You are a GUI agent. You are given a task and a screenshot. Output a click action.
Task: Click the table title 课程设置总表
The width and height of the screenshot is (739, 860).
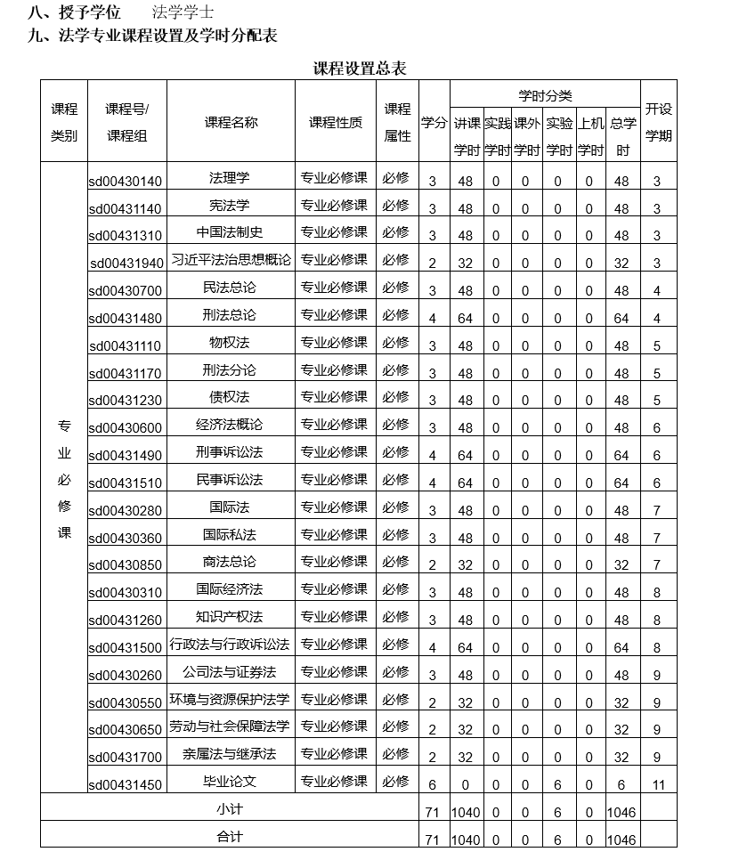click(360, 69)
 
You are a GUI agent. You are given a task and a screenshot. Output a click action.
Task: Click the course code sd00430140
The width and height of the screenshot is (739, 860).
click(126, 182)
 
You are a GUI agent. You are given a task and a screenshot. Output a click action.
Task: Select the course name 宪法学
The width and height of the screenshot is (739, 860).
click(230, 205)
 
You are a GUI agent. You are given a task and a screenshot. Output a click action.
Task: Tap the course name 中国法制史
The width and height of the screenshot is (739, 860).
click(230, 232)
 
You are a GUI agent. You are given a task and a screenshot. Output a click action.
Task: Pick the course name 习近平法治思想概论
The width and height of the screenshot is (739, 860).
click(231, 260)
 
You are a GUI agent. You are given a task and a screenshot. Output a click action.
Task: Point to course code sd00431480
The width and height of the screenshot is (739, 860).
click(126, 319)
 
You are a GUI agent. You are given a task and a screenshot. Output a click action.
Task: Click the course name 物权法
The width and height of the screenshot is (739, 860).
click(230, 342)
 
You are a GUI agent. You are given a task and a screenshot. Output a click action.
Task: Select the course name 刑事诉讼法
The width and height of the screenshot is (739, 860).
click(230, 451)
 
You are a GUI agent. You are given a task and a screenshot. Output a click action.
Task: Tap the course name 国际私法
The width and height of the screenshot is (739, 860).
click(230, 534)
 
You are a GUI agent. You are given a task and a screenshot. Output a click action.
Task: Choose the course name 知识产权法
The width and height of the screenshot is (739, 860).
click(230, 616)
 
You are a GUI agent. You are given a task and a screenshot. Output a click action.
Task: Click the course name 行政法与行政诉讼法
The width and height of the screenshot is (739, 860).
click(231, 644)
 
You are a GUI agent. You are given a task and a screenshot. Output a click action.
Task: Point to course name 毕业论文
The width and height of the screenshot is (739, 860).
click(230, 781)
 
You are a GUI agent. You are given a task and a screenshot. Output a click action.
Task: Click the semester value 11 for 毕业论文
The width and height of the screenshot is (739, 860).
click(657, 784)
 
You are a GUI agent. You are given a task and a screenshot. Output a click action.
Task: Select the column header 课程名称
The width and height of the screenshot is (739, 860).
click(231, 123)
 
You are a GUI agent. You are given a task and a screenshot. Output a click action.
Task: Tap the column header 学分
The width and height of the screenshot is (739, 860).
click(434, 123)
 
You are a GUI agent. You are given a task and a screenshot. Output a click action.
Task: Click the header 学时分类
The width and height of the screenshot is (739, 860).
click(545, 95)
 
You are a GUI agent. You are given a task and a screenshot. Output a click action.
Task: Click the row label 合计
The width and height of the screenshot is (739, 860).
click(230, 837)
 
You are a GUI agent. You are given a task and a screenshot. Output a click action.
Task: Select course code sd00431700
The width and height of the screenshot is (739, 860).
click(126, 758)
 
